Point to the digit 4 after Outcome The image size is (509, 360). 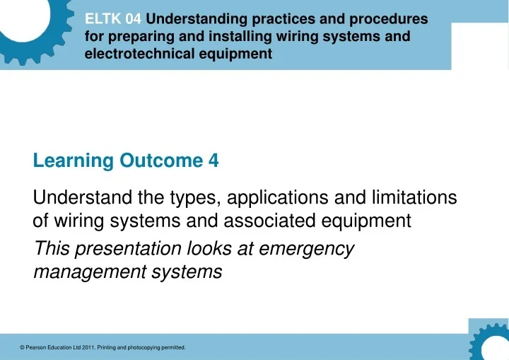[x=213, y=161]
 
